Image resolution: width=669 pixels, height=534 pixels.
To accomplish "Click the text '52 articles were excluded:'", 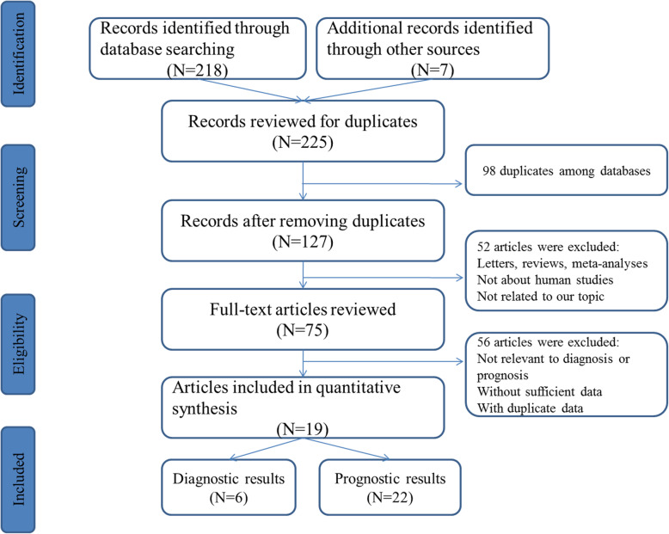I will coord(546,246).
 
